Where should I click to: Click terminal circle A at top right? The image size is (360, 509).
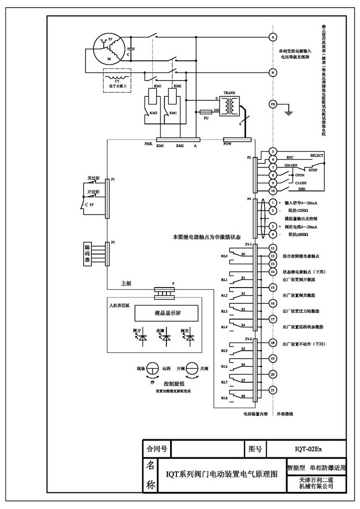[272, 36]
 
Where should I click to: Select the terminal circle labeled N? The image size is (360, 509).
[272, 72]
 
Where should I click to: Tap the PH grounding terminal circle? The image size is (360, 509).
[272, 104]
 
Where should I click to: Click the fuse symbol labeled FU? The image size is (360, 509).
[206, 111]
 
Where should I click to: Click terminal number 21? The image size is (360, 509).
[272, 390]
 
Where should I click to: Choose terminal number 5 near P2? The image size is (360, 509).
[272, 151]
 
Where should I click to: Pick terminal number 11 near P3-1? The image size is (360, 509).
[272, 248]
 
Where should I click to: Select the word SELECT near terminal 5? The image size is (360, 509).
[317, 156]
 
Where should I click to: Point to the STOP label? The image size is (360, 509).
[313, 170]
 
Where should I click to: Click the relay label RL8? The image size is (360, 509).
[224, 398]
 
